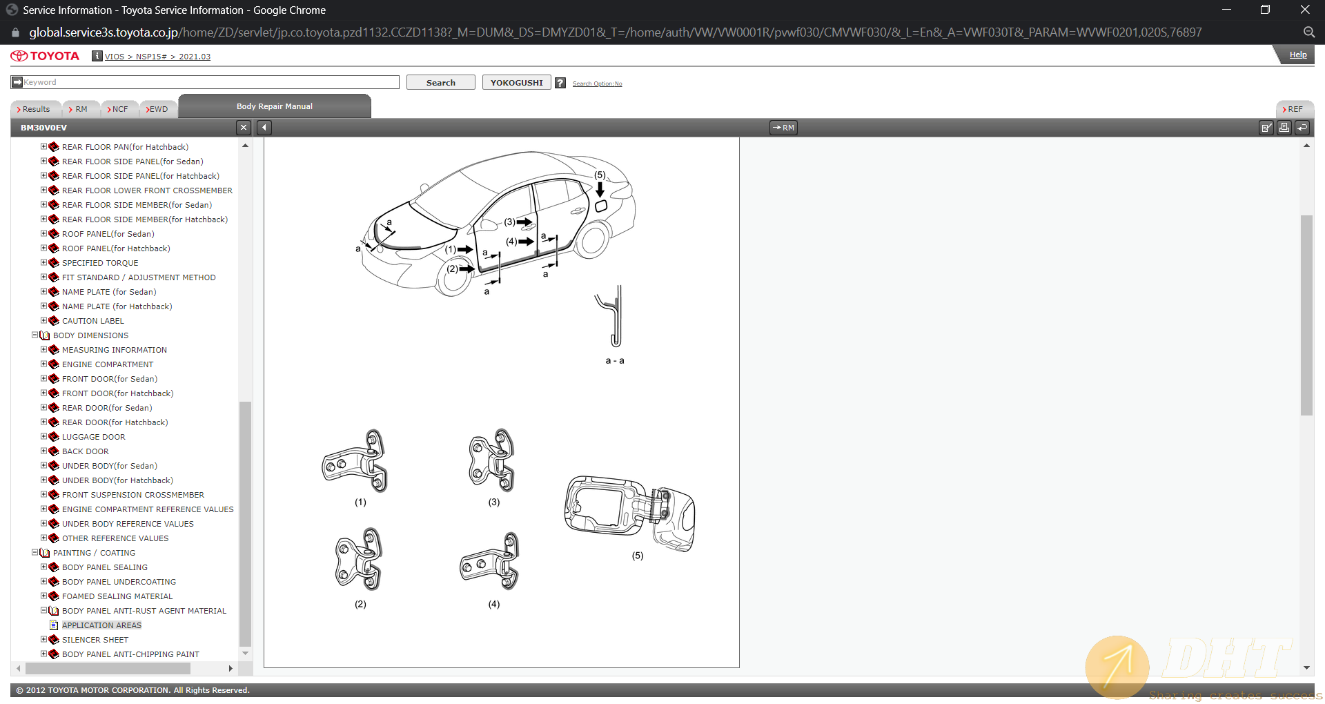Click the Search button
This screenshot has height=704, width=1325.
[x=440, y=83]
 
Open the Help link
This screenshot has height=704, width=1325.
[x=1297, y=55]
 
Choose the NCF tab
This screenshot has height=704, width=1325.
[x=119, y=109]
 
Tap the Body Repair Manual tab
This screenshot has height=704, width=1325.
[x=275, y=106]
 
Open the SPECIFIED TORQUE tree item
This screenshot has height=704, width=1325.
[x=100, y=263]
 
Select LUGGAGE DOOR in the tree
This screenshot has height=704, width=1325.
[x=94, y=437]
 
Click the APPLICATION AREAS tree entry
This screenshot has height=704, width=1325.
[x=101, y=625]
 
